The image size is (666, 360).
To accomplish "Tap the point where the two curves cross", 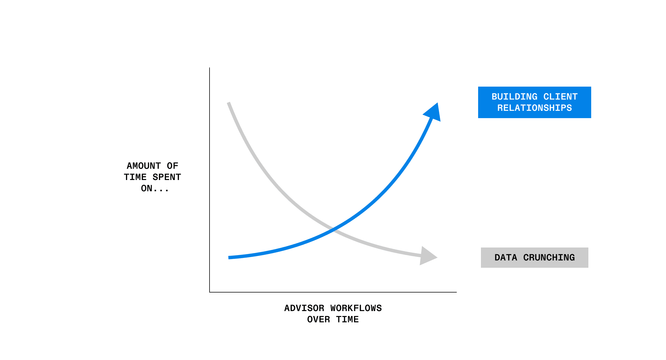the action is pyautogui.click(x=334, y=229).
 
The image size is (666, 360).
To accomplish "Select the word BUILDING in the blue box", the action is pyautogui.click(x=514, y=97).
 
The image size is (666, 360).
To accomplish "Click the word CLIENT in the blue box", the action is pyautogui.click(x=560, y=97).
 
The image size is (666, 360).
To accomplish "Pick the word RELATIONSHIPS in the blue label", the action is pyautogui.click(x=534, y=108).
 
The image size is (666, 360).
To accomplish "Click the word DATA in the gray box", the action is pyautogui.click(x=506, y=258).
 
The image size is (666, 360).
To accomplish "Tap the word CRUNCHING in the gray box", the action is pyautogui.click(x=549, y=258).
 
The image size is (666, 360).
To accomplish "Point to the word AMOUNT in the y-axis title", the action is pyautogui.click(x=144, y=166).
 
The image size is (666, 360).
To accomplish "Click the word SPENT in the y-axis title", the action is pyautogui.click(x=167, y=177).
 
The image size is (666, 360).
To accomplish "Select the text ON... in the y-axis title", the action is pyautogui.click(x=154, y=188).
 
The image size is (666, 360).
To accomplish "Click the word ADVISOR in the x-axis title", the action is pyautogui.click(x=304, y=308).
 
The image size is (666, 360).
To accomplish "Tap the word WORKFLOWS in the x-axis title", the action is pyautogui.click(x=356, y=308).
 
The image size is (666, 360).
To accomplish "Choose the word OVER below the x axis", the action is pyautogui.click(x=318, y=319).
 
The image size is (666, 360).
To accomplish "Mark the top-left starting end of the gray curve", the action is pyautogui.click(x=229, y=103).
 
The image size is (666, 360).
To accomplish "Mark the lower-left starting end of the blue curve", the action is pyautogui.click(x=229, y=257).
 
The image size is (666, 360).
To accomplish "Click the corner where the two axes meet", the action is pyautogui.click(x=210, y=292).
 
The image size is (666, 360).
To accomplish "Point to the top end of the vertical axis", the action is pyautogui.click(x=210, y=68).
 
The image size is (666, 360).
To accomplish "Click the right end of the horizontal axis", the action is pyautogui.click(x=456, y=292).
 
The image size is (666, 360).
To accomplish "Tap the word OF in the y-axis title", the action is pyautogui.click(x=172, y=166).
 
